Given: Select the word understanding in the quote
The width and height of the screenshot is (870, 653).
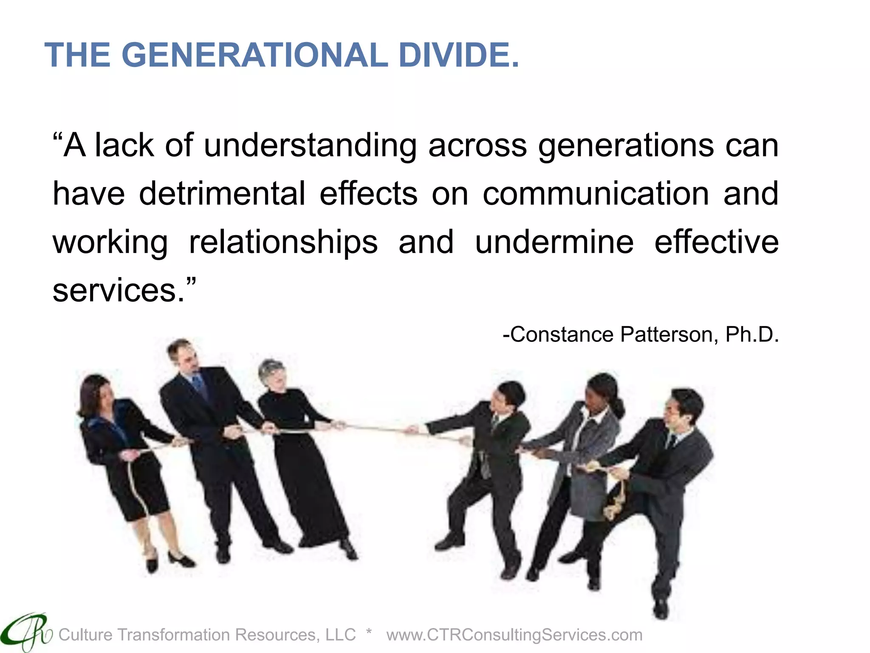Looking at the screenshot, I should pyautogui.click(x=310, y=146).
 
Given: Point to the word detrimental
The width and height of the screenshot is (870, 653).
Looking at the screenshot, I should pyautogui.click(x=222, y=194).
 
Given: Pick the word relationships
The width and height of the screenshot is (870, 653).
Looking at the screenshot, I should pyautogui.click(x=283, y=242).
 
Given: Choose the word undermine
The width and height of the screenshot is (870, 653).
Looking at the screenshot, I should pyautogui.click(x=554, y=242).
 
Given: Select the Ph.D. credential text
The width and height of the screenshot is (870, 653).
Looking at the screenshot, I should pyautogui.click(x=752, y=335).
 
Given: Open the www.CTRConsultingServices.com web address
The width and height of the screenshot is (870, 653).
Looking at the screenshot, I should pyautogui.click(x=514, y=635).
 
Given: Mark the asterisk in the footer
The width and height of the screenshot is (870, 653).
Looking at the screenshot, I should pyautogui.click(x=369, y=633).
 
